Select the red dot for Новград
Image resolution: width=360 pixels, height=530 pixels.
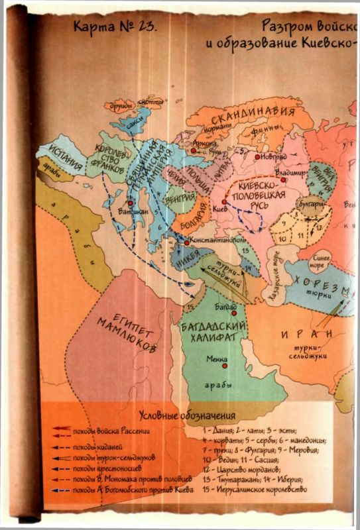coord(257,156)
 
